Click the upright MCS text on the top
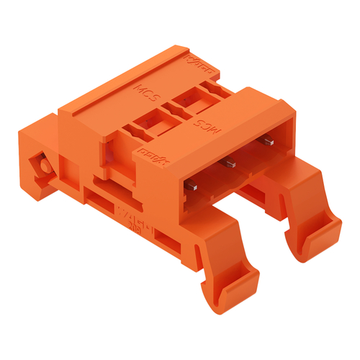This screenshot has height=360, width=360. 148,92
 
